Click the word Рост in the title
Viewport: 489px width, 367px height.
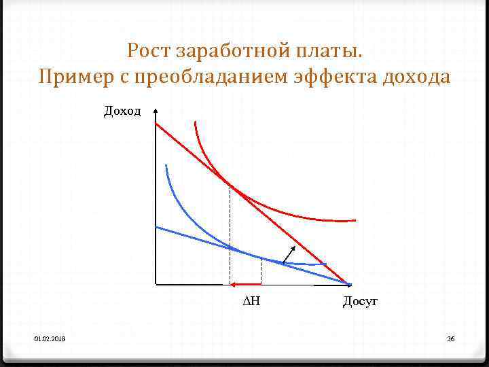(147, 51)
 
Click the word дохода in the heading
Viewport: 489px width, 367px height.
(417, 77)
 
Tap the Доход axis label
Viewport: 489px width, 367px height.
(122, 111)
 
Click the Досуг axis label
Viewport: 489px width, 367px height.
(359, 301)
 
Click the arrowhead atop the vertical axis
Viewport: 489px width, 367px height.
(156, 109)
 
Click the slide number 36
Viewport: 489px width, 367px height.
(450, 338)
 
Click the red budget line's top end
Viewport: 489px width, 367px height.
(157, 124)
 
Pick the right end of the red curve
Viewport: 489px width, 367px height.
(355, 220)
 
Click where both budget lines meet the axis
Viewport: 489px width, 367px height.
(349, 283)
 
